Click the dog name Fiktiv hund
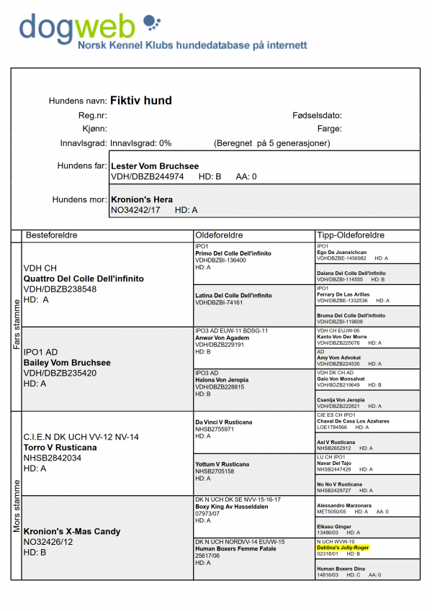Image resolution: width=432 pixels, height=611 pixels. click(x=141, y=101)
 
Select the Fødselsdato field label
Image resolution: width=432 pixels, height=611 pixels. click(x=317, y=115)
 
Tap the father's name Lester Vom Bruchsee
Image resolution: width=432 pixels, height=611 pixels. click(x=155, y=166)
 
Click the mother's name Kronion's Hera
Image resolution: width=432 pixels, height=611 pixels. click(x=142, y=199)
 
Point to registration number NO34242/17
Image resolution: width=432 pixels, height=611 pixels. click(x=135, y=209)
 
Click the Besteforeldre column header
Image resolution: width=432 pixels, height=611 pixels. click(x=52, y=235)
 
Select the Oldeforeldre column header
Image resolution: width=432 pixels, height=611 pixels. click(x=219, y=235)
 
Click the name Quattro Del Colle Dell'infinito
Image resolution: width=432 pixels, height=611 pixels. click(x=84, y=279)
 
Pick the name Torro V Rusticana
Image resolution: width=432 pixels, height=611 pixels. click(x=60, y=447)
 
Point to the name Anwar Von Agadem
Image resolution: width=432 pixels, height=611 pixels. click(x=221, y=338)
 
